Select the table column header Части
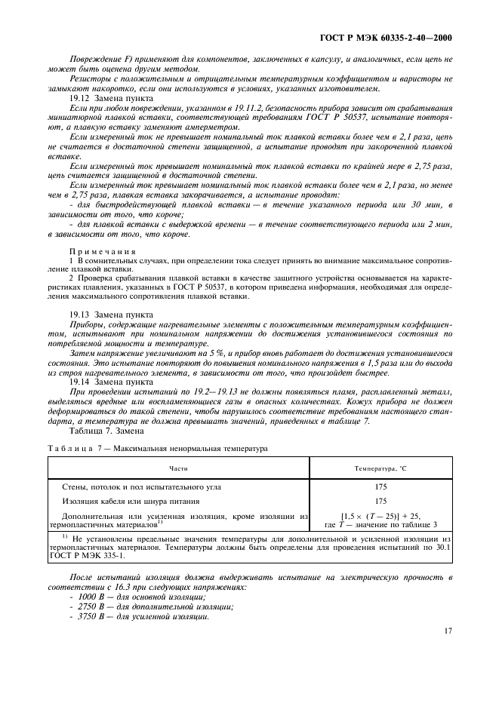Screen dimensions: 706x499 coord(179,468)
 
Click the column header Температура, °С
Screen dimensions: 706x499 coord(382,468)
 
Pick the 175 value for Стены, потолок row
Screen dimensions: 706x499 coord(381,487)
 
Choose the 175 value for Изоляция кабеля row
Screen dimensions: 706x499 coord(381,501)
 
